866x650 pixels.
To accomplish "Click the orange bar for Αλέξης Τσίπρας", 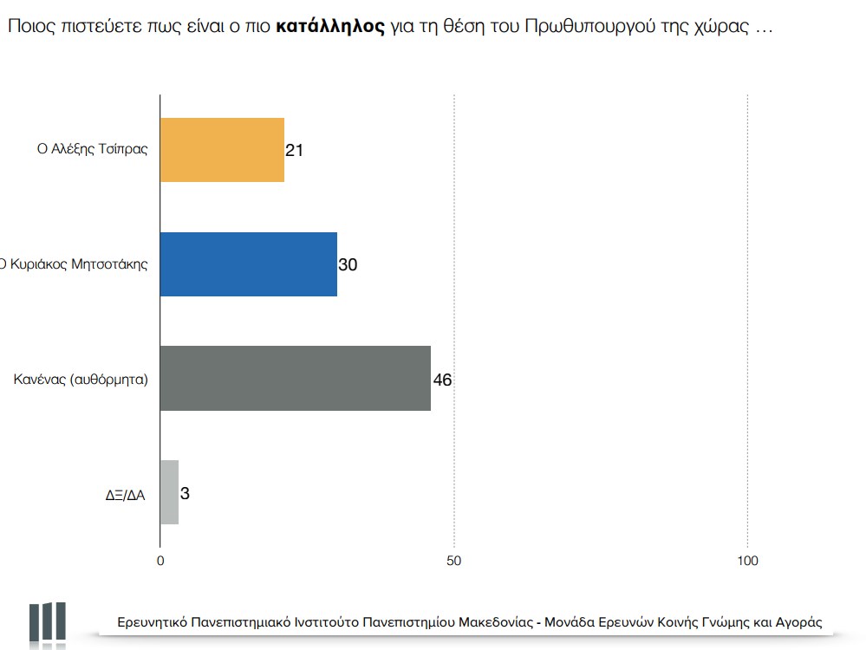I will (x=223, y=149).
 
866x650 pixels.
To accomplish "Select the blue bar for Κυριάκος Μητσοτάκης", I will (x=249, y=264).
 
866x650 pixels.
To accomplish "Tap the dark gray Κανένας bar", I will (x=296, y=379).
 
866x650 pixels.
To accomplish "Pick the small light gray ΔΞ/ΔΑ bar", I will (x=169, y=492).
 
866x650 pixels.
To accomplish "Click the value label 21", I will (x=294, y=150).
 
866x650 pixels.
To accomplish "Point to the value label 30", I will (x=348, y=265).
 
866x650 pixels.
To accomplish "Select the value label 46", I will (x=442, y=380).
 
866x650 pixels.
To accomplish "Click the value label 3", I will (x=186, y=494).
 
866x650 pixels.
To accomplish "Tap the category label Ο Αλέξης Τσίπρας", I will (x=98, y=149).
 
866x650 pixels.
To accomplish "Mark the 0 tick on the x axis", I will (x=160, y=561).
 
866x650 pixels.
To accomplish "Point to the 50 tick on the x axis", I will (x=453, y=561).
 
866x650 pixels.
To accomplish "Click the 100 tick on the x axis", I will (x=747, y=561).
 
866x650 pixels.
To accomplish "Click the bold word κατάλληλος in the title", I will (x=330, y=26).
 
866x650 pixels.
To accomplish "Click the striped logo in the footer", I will (x=48, y=621).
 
